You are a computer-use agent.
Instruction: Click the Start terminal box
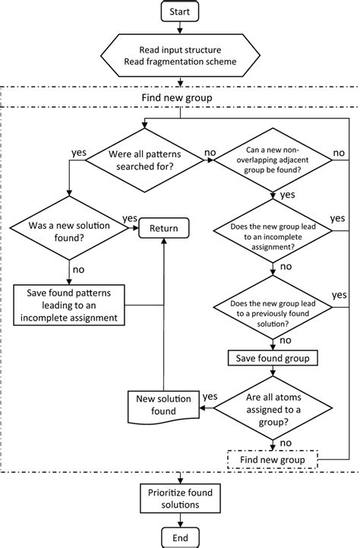coord(179,11)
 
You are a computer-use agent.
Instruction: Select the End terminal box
coord(179,537)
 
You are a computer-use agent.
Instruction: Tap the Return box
coord(163,227)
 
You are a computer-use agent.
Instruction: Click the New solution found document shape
coord(161,406)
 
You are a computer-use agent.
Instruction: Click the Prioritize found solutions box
coord(179,499)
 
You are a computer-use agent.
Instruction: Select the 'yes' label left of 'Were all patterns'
coord(78,152)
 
